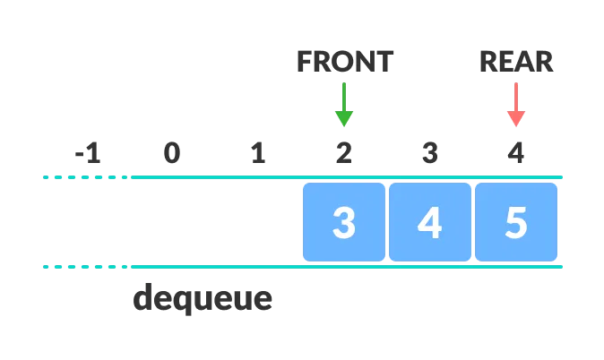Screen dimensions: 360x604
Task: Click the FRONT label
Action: click(345, 61)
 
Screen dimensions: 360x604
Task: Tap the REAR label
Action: click(516, 61)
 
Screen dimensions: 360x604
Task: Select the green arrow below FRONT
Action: click(344, 105)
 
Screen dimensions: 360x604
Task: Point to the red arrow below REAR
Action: click(516, 105)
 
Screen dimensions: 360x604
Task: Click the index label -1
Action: click(88, 154)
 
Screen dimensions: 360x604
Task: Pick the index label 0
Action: click(172, 154)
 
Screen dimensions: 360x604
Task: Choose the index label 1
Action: click(258, 154)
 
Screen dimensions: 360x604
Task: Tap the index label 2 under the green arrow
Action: click(344, 154)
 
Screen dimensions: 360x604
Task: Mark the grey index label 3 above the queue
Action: click(430, 154)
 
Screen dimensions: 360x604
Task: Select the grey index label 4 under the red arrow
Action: click(515, 154)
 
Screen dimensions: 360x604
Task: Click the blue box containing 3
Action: click(344, 222)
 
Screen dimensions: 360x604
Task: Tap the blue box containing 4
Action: click(430, 222)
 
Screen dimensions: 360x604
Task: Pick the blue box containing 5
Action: click(516, 222)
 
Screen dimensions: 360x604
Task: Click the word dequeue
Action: click(203, 298)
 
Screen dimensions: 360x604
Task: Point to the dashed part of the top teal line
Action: click(86, 177)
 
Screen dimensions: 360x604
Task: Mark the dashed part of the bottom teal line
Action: click(86, 267)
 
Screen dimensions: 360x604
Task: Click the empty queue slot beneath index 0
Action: click(172, 222)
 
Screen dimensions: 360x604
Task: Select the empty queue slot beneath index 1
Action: click(258, 222)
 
